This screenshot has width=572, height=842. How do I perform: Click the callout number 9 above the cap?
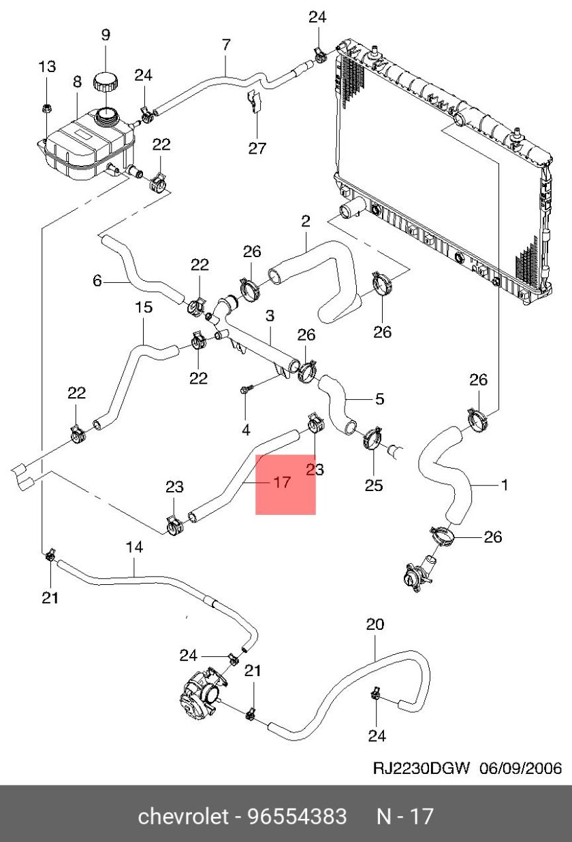(106, 35)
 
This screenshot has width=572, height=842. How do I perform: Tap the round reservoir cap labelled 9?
(106, 82)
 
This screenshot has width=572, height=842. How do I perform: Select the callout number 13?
(46, 67)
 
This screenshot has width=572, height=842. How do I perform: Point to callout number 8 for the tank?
(77, 82)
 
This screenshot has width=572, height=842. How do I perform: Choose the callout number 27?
(257, 148)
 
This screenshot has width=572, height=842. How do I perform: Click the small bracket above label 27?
(254, 102)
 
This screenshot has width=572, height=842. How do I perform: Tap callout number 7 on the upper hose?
(227, 45)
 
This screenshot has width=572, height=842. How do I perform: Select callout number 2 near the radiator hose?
(305, 221)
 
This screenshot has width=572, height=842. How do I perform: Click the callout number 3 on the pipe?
(270, 316)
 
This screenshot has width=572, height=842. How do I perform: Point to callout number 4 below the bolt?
(246, 429)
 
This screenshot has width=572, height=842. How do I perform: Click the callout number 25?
(374, 486)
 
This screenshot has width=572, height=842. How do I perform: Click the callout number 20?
(375, 624)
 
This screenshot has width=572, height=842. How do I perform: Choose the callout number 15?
(144, 307)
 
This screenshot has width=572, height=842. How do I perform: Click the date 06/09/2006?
(521, 769)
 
